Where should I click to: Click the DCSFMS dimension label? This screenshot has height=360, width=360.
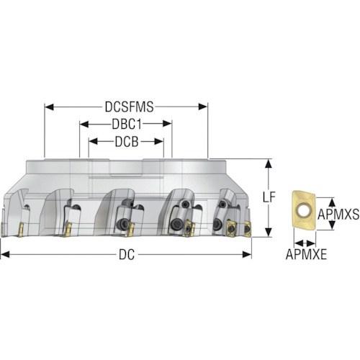(x=129, y=107)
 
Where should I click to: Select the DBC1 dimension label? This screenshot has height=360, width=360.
(x=127, y=125)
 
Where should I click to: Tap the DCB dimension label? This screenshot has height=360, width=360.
(x=127, y=142)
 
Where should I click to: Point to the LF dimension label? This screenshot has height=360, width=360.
(x=269, y=197)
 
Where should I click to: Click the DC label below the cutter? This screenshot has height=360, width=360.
(x=127, y=254)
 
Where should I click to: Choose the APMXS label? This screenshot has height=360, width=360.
(x=338, y=214)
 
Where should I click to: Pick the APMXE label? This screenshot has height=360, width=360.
(x=306, y=254)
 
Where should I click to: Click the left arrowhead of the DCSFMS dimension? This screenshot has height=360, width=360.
(x=49, y=107)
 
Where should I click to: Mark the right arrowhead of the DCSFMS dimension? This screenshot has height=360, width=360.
(x=203, y=107)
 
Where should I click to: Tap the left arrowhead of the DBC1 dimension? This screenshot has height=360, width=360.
(x=84, y=124)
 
